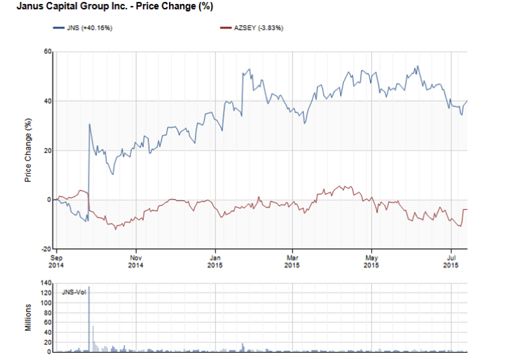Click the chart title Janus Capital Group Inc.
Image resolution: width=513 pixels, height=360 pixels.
(x=110, y=6)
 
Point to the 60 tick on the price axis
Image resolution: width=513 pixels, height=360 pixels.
(x=47, y=52)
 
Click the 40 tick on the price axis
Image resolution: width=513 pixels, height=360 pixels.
(x=47, y=101)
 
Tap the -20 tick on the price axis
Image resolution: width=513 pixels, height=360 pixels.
(x=46, y=248)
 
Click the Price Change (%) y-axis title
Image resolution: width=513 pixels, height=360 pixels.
(x=29, y=150)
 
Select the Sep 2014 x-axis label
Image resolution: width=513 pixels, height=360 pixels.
(x=57, y=261)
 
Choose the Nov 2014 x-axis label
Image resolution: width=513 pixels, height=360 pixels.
(x=136, y=261)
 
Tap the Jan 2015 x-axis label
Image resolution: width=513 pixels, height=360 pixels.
(x=215, y=261)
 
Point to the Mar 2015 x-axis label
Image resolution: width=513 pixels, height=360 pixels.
(x=292, y=261)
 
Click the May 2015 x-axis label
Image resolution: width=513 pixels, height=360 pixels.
(x=372, y=261)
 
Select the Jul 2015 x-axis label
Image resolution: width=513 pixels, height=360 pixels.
(x=451, y=261)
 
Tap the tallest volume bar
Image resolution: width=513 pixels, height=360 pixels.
(x=89, y=319)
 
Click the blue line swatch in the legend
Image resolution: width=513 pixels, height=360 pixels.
(x=59, y=28)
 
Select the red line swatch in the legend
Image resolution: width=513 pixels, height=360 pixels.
(x=226, y=28)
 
